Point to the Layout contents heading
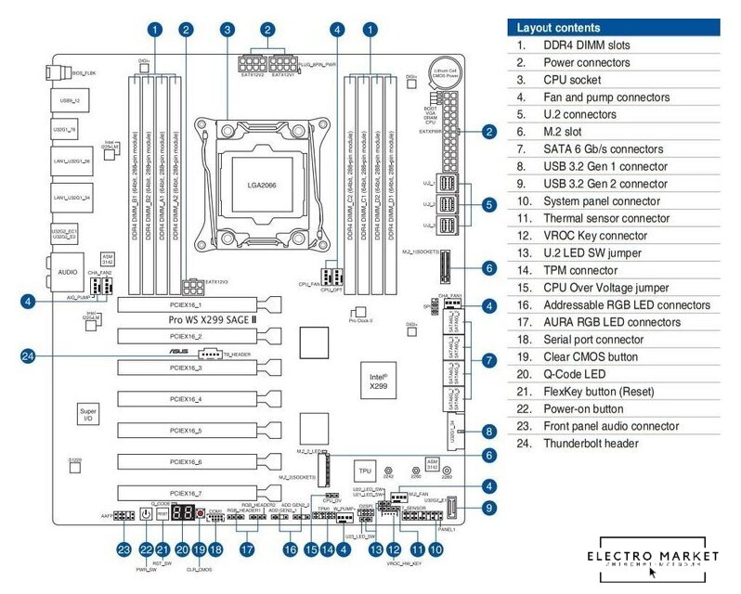coord(558,28)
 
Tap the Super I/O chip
coord(88,414)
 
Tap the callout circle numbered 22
coord(145,549)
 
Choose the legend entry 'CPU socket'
coord(572,80)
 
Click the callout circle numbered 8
coord(489,432)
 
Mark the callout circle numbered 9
coord(489,507)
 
